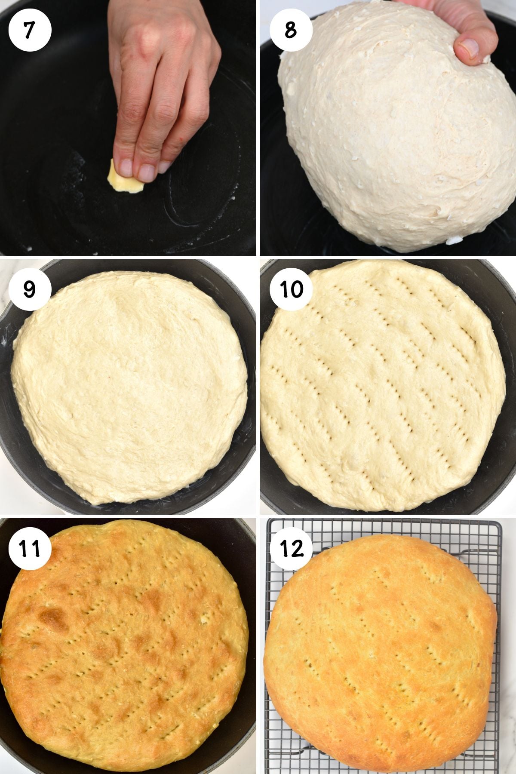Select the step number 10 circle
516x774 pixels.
[291, 289]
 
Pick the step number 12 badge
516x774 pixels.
[291, 548]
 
